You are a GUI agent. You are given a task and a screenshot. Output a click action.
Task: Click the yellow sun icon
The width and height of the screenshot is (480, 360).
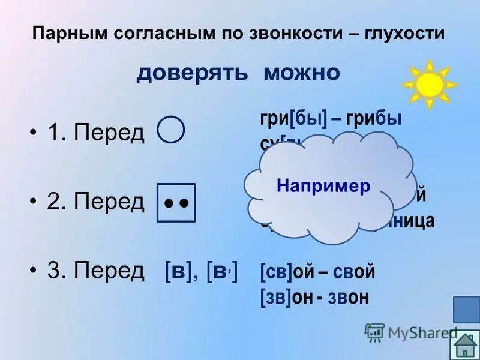[428, 85]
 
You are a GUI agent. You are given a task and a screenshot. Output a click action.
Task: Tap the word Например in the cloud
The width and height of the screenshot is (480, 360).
[323, 186]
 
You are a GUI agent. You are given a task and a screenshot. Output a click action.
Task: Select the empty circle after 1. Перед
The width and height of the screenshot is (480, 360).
[171, 130]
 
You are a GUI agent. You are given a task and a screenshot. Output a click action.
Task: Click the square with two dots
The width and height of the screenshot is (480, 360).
[176, 203]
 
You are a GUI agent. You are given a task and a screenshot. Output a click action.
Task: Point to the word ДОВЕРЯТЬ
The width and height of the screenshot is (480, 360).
[192, 73]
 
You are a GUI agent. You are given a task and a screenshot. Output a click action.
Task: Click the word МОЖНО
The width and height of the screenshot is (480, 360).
[302, 73]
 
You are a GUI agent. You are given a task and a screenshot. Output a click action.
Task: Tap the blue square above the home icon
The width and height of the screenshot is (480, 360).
[466, 310]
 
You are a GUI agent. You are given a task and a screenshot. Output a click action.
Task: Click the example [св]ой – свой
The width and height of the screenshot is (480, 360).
[317, 272]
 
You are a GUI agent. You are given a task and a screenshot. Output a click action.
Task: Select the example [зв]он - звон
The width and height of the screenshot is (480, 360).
[314, 296]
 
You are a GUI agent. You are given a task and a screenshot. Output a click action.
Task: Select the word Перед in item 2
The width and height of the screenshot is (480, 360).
[109, 202]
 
